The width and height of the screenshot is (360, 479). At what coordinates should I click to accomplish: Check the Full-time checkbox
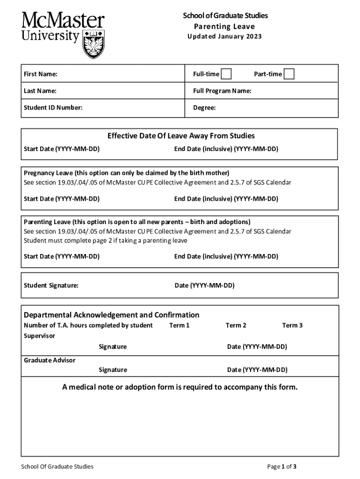click(x=226, y=74)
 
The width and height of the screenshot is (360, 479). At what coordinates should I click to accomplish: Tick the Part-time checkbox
click(x=289, y=74)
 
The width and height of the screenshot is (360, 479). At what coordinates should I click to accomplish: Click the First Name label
click(x=41, y=74)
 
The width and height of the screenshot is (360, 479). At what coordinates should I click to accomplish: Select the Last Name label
click(x=40, y=91)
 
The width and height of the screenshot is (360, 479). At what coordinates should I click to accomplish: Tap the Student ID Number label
click(x=53, y=108)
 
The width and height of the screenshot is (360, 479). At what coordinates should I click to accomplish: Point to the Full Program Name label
click(x=222, y=91)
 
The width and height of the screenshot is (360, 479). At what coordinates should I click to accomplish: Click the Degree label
click(x=204, y=108)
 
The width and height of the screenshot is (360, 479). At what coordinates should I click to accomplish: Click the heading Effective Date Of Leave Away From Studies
click(x=181, y=136)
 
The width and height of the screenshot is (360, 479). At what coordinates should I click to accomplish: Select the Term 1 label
click(x=180, y=325)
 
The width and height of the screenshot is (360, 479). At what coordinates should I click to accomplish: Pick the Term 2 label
click(x=236, y=325)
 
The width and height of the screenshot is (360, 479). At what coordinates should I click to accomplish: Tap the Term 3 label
click(x=292, y=325)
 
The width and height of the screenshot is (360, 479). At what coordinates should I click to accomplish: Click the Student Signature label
click(x=51, y=285)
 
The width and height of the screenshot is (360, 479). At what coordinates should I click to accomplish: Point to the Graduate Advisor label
click(x=50, y=360)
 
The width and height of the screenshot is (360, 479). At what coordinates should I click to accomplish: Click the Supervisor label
click(x=39, y=336)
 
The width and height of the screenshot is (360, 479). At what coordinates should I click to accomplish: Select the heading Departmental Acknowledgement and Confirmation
click(x=111, y=315)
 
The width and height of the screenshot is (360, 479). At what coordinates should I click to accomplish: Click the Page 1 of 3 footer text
click(x=281, y=466)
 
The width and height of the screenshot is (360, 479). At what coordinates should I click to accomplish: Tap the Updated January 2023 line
click(x=225, y=36)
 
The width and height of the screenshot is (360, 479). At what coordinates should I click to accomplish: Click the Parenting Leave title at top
click(x=225, y=26)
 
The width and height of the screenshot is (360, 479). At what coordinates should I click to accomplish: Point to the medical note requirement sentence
click(x=180, y=387)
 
